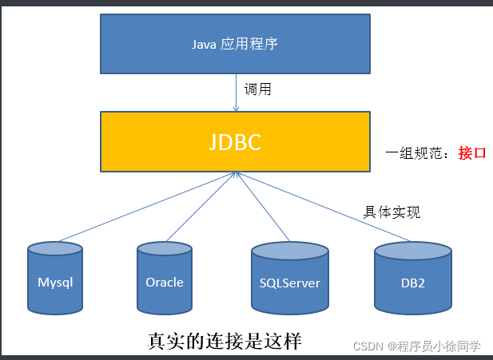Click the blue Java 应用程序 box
tap(234, 43)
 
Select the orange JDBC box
tap(234, 142)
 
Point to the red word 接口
tap(471, 153)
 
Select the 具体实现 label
tap(392, 212)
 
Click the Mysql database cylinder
tap(55, 279)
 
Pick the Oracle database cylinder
tap(165, 279)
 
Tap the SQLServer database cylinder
tap(289, 279)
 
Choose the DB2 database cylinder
tap(412, 279)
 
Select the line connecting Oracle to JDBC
tap(201, 207)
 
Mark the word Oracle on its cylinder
tap(165, 282)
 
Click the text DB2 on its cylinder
tap(412, 283)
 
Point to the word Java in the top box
tap(205, 44)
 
